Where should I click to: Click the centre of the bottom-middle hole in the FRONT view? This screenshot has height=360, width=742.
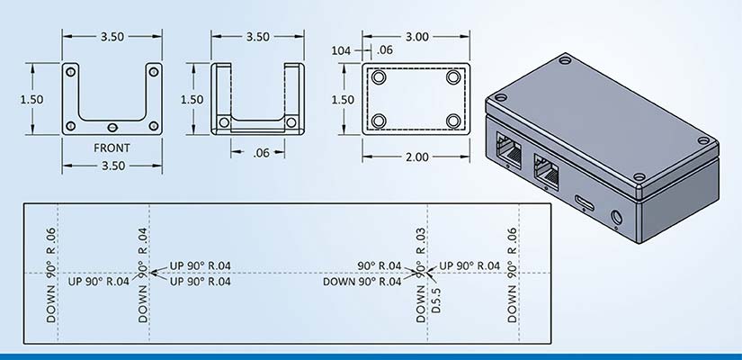coord(112,127)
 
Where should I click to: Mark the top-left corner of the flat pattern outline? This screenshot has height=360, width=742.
coord(24,203)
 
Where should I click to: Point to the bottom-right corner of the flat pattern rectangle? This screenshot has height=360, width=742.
coord(551,343)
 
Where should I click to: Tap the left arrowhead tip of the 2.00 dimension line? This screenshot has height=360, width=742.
coord(363,157)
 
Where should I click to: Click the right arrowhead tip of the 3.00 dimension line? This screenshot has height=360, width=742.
coord(469,37)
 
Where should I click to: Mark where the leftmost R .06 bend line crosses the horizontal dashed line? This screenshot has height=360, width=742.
coord(58,273)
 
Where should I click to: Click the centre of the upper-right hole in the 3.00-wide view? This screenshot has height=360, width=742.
coord(453,76)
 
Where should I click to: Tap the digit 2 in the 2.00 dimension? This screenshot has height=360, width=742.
coord(408,157)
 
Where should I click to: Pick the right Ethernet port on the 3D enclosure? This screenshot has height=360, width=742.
coord(546,172)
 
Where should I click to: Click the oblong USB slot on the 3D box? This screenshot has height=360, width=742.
coord(586,202)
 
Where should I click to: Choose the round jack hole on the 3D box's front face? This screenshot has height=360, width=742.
coord(617,218)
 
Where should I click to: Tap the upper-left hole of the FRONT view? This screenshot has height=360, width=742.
coord(70,71)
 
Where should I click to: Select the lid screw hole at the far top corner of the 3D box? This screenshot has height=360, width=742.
coord(565,60)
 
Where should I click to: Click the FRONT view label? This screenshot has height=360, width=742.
coord(112,148)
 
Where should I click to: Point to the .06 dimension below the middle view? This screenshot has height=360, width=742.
coord(261,152)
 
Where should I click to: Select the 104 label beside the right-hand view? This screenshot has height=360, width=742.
coord(341,50)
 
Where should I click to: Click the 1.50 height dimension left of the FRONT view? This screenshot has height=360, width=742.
coord(31,100)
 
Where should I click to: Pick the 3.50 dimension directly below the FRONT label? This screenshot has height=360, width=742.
coord(112,166)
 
